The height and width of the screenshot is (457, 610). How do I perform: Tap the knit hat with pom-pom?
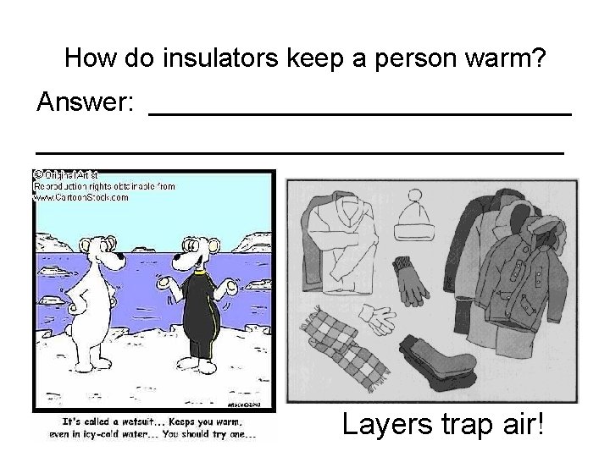pos(414,217)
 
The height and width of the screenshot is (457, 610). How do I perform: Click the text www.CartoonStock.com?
pos(80,197)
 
